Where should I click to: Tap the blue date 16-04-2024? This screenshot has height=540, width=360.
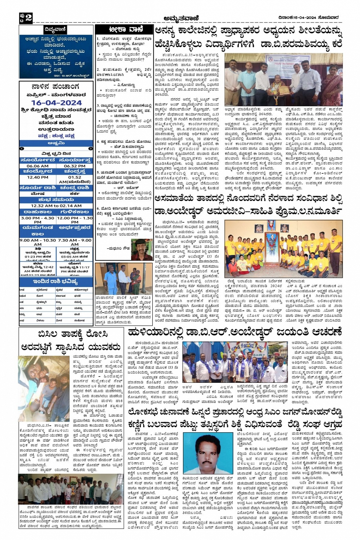coord(56,103)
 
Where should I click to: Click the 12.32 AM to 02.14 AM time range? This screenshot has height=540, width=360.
coord(56,206)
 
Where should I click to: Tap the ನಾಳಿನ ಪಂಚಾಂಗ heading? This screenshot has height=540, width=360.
coord(56,87)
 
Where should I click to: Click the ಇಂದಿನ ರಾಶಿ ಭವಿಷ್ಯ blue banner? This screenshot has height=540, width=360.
coord(56,282)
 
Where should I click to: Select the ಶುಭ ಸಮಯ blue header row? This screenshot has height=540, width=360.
coord(56,199)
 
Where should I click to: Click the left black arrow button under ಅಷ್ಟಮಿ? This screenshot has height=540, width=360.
coord(22,149)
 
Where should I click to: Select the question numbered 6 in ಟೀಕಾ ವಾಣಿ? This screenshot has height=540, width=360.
coord(124,211)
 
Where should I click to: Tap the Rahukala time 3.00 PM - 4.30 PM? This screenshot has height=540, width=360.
coord(37,220)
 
